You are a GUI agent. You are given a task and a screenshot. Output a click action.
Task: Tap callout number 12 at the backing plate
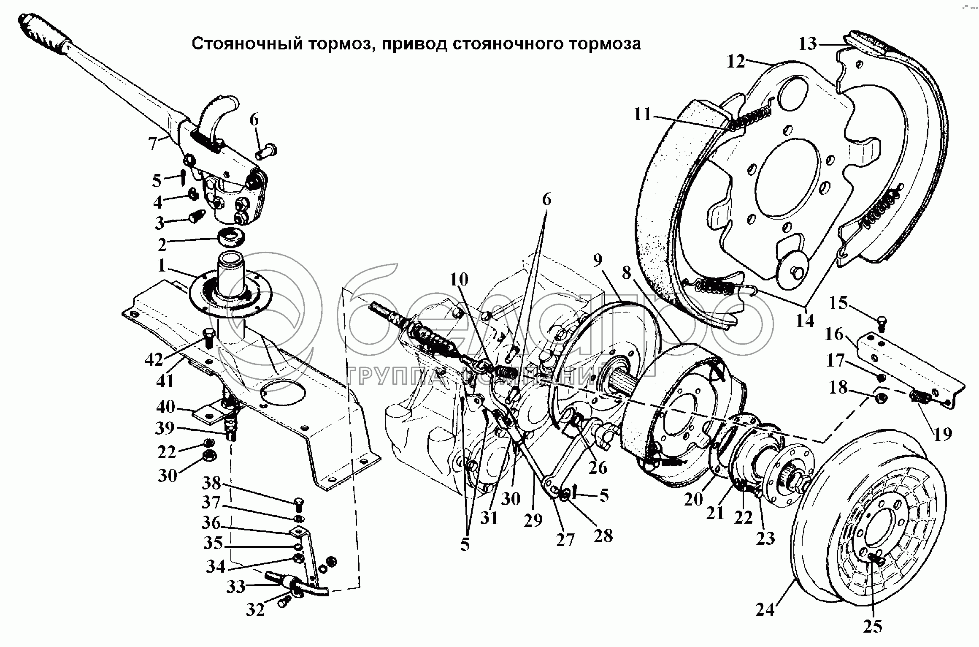pos(736,62)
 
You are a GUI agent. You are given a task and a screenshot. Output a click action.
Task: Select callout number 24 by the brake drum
pos(765,610)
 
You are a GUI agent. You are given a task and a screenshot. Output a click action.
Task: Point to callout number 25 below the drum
pos(873,626)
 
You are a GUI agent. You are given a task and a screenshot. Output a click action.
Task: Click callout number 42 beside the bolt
pos(154,360)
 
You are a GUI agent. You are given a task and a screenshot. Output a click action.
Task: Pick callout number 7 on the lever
pos(153,144)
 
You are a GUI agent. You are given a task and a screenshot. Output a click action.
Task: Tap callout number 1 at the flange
pos(162,266)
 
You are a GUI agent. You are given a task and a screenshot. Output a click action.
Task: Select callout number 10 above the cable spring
pos(459,280)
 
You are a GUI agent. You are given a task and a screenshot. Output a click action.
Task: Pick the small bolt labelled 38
pos(298,503)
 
